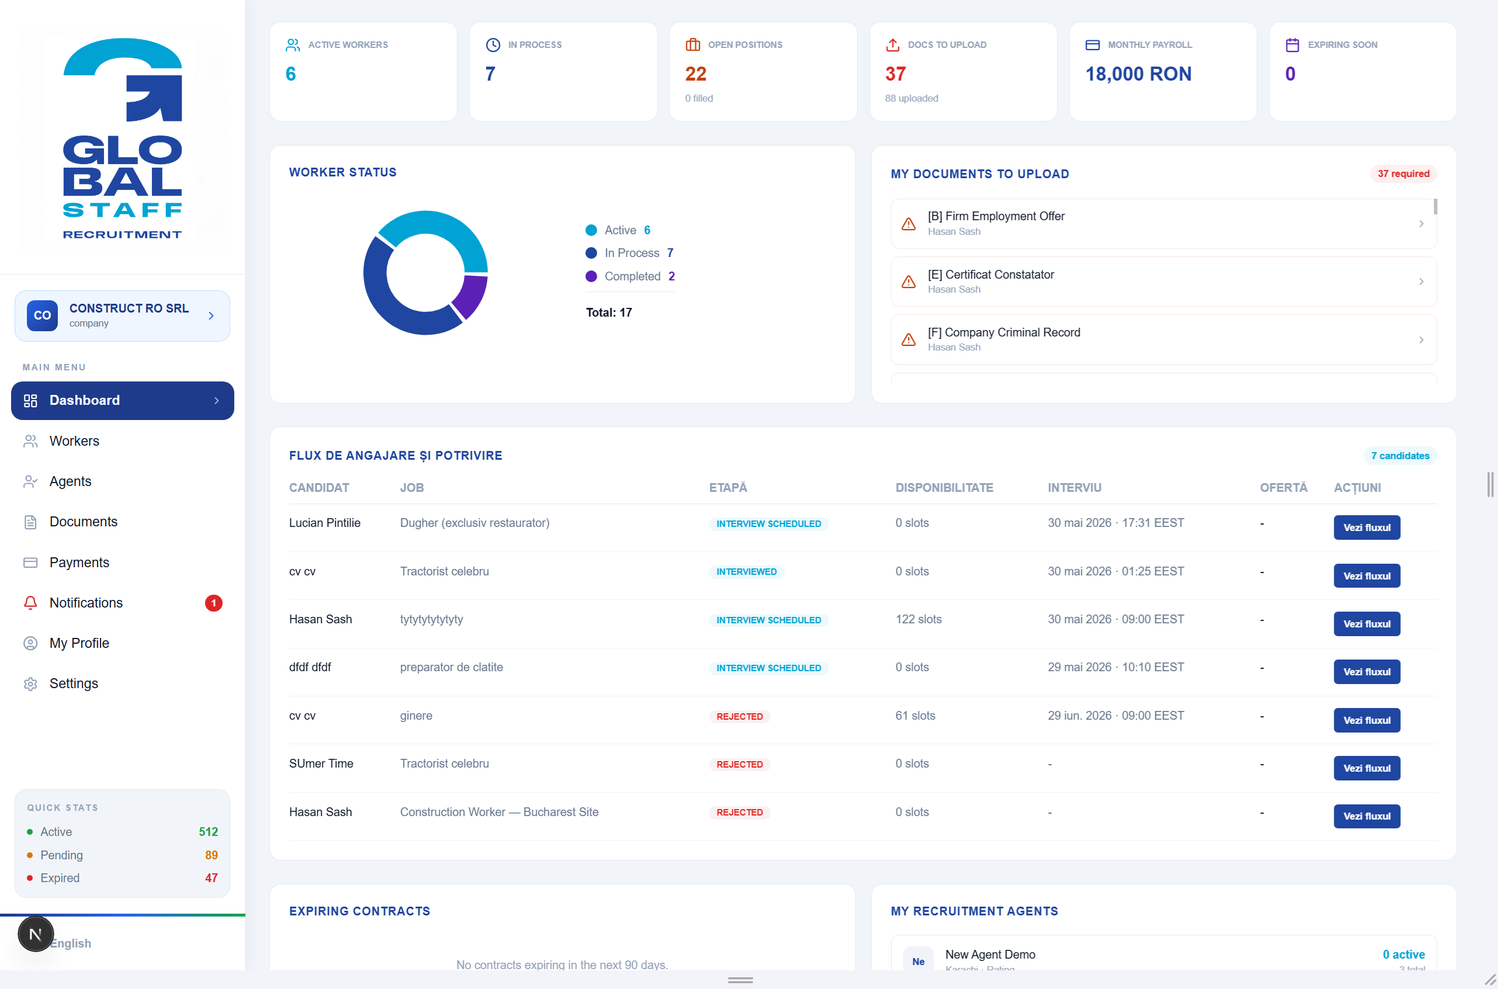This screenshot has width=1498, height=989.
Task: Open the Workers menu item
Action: [x=74, y=441]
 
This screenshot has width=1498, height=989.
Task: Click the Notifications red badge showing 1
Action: [x=214, y=603]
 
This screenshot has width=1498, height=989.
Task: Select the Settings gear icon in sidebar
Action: [x=30, y=683]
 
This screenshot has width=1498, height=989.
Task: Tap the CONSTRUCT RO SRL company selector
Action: [x=122, y=315]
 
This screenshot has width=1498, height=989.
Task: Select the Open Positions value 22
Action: [x=696, y=74]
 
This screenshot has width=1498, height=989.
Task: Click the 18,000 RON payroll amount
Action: [x=1138, y=74]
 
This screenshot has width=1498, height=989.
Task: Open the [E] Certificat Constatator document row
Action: [x=1163, y=282]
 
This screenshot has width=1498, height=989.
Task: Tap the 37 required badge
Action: [x=1403, y=173]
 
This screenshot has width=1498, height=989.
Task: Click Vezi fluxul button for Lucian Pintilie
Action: [x=1366, y=528]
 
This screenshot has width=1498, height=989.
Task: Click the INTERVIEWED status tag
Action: [x=746, y=571]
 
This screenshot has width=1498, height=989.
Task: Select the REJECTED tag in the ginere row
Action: [x=739, y=717]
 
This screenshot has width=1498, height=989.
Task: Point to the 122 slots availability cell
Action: [x=918, y=619]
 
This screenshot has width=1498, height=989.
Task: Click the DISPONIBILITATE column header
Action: [x=944, y=488]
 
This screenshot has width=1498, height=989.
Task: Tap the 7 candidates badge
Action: [x=1400, y=456]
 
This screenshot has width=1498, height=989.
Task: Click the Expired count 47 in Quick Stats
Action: [x=211, y=878]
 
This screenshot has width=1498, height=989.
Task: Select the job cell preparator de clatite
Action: [x=451, y=667]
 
